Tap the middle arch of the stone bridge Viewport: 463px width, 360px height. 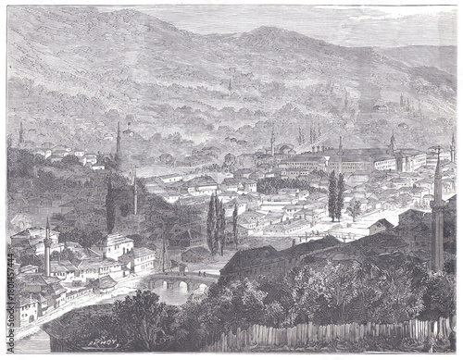pyautogui.click(x=181, y=286)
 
